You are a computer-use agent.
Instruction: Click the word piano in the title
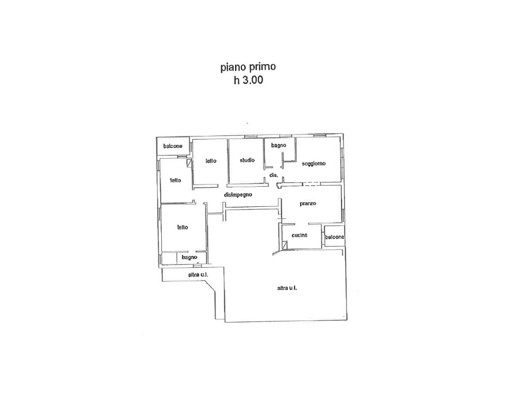(234, 68)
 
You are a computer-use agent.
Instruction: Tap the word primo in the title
(262, 67)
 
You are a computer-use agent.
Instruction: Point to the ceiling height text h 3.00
(248, 80)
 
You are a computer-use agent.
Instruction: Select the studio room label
(247, 160)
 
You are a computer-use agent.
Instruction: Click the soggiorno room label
(314, 164)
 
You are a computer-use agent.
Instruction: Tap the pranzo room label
(308, 204)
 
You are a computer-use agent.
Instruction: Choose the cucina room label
(300, 235)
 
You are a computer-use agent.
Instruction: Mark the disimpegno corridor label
(238, 195)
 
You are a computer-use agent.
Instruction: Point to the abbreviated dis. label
(274, 175)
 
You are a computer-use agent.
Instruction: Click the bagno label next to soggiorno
(278, 145)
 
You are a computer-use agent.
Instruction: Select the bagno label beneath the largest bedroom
(189, 257)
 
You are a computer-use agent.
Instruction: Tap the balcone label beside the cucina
(335, 237)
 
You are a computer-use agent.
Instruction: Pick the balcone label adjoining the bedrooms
(173, 146)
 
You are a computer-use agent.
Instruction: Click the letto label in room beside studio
(211, 161)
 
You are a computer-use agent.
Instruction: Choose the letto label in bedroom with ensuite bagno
(182, 227)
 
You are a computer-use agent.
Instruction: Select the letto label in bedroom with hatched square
(176, 180)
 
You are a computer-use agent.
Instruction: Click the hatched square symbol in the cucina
(285, 245)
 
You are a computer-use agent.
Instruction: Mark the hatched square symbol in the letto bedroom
(189, 163)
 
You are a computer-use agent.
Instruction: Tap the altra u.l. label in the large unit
(287, 288)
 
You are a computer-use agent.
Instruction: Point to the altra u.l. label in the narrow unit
(198, 275)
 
